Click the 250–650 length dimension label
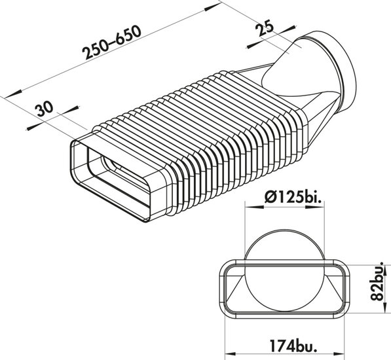coord(112,43)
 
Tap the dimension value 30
coord(44,109)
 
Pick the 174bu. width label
coord(294,346)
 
